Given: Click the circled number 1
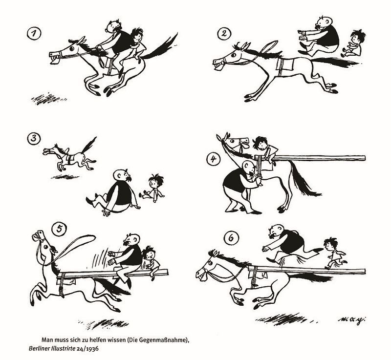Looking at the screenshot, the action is tap(34, 34).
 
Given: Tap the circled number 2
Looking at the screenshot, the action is tap(224, 34).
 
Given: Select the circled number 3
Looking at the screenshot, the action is tap(34, 139).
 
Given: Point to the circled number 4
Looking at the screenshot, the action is tap(214, 159).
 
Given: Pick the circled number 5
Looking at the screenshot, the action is tap(59, 229).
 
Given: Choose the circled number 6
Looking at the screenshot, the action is tap(231, 238).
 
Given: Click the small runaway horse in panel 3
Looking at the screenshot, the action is tap(70, 156).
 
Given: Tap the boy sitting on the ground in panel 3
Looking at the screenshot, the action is tap(152, 188).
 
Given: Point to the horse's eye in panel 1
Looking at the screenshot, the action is tap(71, 48).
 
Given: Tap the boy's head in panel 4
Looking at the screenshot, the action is tap(260, 143).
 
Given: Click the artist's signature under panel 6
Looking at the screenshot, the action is tap(353, 319).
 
